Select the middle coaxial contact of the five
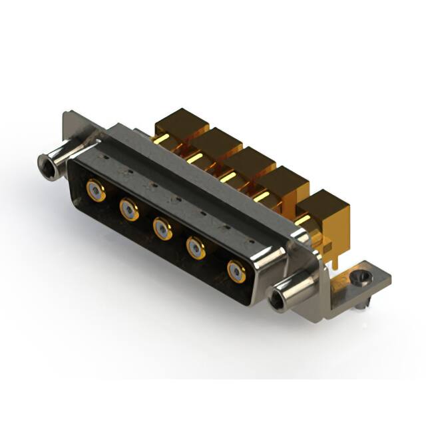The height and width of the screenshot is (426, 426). click(162, 229)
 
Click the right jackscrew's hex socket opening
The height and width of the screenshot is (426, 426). click(276, 298)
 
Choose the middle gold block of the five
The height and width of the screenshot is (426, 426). click(248, 162)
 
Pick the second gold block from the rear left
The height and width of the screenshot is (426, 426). click(214, 142)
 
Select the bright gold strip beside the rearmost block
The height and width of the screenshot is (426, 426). click(162, 140)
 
